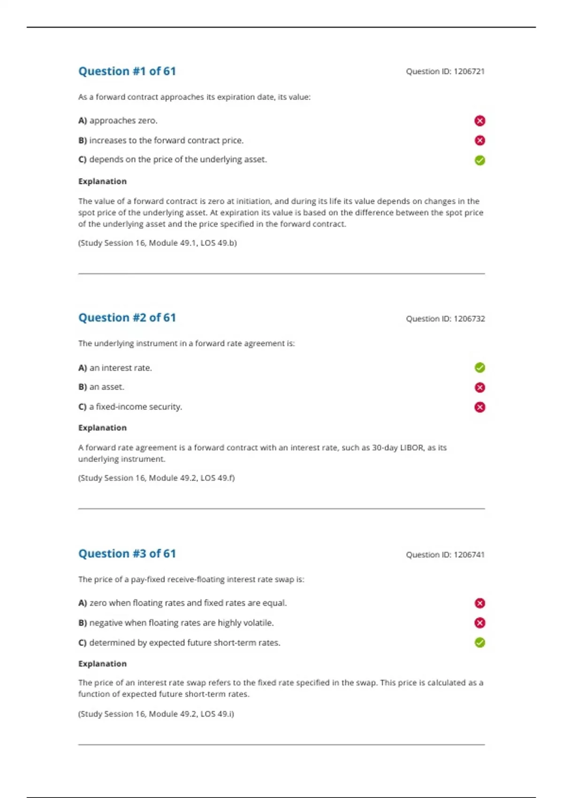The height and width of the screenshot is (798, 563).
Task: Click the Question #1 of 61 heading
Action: [127, 71]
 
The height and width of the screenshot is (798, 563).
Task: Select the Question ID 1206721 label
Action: [445, 71]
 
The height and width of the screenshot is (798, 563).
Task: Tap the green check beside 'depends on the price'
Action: [479, 161]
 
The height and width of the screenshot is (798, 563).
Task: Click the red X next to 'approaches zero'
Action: [479, 121]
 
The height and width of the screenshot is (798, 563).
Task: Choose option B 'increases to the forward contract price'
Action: [161, 140]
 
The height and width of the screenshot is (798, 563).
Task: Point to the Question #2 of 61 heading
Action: [127, 318]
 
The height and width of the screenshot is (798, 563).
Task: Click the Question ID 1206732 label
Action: [445, 319]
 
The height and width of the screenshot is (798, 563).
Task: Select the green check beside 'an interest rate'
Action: [479, 368]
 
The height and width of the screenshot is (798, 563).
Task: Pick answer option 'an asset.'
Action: [101, 387]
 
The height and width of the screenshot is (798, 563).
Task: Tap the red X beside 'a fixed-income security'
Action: [479, 407]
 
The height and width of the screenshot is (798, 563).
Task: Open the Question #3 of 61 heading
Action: [127, 554]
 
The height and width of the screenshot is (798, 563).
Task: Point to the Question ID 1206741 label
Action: [445, 555]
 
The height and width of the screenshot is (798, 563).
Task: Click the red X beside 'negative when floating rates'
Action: [479, 623]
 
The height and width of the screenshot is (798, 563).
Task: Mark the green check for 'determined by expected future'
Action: [479, 643]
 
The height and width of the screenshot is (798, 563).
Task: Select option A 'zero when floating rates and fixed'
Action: [183, 603]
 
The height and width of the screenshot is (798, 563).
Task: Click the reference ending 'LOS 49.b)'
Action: [157, 243]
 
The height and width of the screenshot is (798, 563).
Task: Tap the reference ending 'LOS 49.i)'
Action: [156, 714]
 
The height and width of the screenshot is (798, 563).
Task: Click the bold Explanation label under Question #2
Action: [102, 428]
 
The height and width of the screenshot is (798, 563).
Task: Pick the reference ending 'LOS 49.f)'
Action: [156, 478]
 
